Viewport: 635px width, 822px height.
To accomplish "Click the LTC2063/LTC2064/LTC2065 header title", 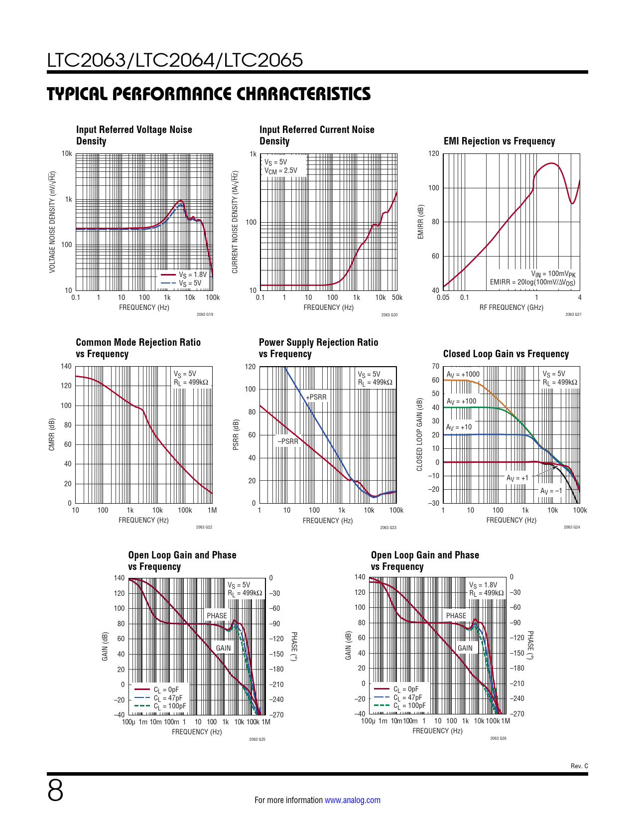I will [175, 60].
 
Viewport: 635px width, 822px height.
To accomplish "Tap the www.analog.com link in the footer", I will [352, 800].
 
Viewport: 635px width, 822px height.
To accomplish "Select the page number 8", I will [55, 791].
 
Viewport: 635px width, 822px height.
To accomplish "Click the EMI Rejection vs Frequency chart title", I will [499, 141].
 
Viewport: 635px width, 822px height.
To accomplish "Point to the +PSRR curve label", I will [317, 397].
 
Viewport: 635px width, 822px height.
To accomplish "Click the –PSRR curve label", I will [288, 441].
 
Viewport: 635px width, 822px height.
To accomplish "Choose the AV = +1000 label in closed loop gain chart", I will [463, 374].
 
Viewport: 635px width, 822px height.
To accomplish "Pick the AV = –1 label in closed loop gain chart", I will [551, 491].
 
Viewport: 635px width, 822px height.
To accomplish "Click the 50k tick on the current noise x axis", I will [397, 297].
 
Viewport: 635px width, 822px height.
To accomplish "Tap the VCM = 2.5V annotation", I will [281, 170].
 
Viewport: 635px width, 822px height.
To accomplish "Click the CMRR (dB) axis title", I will [52, 434].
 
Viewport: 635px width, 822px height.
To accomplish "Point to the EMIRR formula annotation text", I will [532, 282].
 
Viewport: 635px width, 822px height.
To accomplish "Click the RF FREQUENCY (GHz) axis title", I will [511, 307].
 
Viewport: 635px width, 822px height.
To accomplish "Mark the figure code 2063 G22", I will [204, 527].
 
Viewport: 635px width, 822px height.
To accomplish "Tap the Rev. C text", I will [579, 766].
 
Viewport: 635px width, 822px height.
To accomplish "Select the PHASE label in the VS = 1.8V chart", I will [456, 616].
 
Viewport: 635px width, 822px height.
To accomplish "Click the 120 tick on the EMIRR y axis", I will [434, 153].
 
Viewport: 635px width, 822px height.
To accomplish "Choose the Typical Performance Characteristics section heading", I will [209, 94].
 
